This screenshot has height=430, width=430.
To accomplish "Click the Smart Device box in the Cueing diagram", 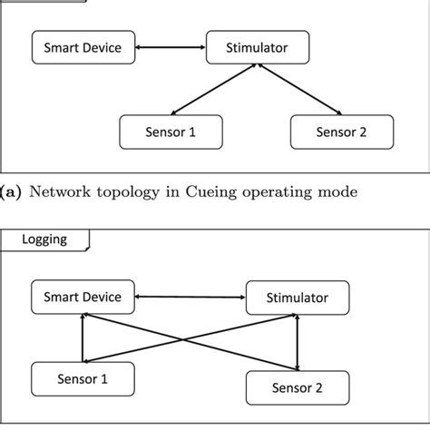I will coord(81,46).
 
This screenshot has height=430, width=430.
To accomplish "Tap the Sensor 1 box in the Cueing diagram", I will coord(171,132).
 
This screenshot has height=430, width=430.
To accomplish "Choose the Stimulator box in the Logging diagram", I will coord(298,297).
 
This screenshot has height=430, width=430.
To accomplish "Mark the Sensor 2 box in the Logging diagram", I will coord(297,388).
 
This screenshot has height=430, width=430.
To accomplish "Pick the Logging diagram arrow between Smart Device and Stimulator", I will coord(191,296).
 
